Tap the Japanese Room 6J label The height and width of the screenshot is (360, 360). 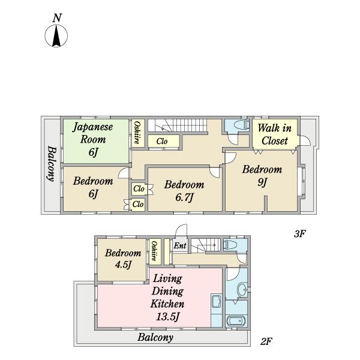point(93,139)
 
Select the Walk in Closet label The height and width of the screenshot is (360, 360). point(275,134)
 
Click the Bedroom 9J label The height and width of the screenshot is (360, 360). point(262,176)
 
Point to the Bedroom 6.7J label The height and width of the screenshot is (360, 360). point(184,191)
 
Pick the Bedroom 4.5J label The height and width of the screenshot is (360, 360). point(123,259)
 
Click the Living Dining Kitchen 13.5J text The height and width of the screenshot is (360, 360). point(167,298)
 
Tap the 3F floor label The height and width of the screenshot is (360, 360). point(300,234)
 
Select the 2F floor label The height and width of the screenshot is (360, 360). point(266,341)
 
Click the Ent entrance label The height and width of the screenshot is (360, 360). point(180,245)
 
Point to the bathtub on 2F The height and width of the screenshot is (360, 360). point(236,321)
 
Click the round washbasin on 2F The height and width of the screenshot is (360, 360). point(242,290)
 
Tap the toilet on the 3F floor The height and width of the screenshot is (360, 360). point(241,125)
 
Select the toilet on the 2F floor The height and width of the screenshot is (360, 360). point(230,245)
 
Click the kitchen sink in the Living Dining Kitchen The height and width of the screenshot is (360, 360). point(216,301)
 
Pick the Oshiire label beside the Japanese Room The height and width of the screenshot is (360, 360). point(137,133)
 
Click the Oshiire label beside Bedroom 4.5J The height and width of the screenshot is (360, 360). point(154,251)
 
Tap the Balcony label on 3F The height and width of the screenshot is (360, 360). point(52,164)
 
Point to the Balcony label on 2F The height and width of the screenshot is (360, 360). point(155,337)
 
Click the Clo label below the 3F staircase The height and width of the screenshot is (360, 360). point(162,142)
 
